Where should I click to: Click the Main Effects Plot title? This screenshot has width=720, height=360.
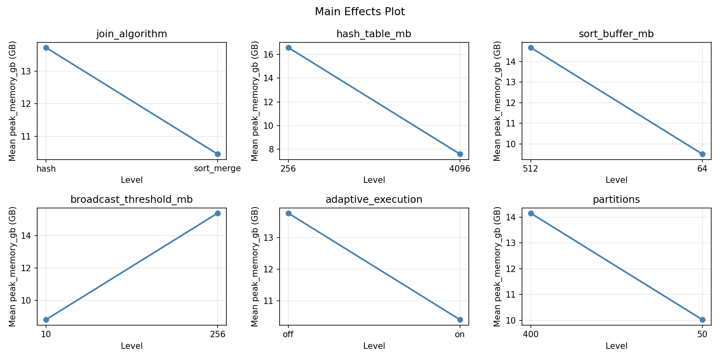click(x=360, y=12)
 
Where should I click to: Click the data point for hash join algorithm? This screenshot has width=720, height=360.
click(x=46, y=48)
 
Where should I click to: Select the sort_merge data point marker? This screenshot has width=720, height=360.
click(x=218, y=154)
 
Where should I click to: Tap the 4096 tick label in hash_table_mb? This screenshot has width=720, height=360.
click(x=460, y=169)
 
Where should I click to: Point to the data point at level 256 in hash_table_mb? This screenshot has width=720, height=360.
click(x=288, y=48)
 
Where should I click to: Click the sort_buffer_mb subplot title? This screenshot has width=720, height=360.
click(x=616, y=34)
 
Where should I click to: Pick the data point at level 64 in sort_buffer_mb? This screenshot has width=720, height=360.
click(x=702, y=154)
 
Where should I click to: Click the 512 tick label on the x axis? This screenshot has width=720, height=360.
click(x=530, y=169)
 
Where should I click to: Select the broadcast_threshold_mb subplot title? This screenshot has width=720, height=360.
click(x=132, y=200)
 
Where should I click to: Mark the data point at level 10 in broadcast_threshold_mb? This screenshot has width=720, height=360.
click(x=46, y=320)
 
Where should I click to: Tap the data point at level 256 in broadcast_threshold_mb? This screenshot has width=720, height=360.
click(x=218, y=213)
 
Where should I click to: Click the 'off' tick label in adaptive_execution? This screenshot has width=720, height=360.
click(x=288, y=334)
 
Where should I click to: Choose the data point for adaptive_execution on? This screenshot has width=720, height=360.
click(x=460, y=320)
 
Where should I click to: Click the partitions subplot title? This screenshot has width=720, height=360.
click(x=616, y=200)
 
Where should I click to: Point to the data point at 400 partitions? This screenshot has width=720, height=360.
click(x=531, y=213)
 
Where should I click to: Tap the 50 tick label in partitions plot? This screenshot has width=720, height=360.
click(x=702, y=334)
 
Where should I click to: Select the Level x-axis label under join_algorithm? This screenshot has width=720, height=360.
click(x=132, y=180)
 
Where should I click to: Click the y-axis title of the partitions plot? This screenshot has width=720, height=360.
click(x=497, y=266)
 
